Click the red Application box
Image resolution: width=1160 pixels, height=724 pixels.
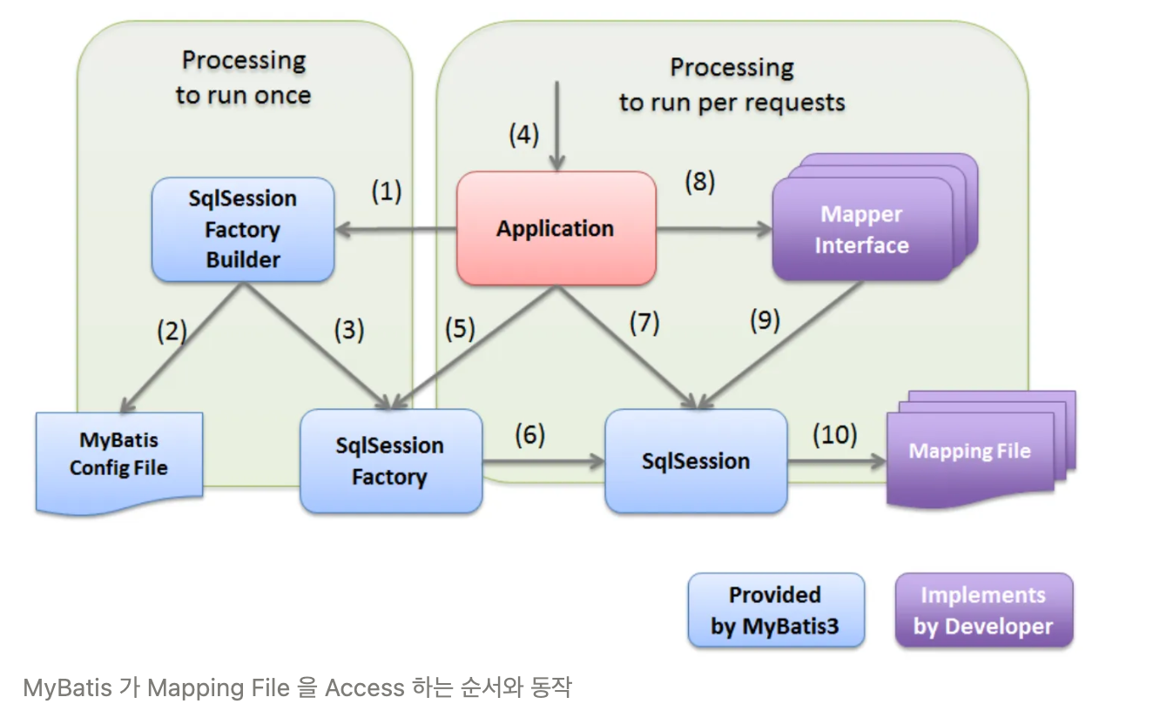point(556,229)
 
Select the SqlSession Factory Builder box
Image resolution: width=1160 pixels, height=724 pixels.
point(243,230)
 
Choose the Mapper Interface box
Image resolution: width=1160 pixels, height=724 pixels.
point(861,231)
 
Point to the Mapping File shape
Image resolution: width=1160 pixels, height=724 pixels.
point(969,452)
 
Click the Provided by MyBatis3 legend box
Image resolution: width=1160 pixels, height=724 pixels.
point(775,610)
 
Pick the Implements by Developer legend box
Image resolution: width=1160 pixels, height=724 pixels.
point(983,611)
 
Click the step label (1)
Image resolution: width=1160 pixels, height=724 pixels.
point(387,191)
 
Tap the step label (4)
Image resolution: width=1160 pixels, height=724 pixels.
point(524,135)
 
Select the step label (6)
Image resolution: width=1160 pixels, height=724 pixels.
point(529,434)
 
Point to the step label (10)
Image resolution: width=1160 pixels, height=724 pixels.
point(834,434)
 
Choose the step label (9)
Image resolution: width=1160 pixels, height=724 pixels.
point(765,321)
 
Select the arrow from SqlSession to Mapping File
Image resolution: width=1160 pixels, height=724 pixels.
point(836,461)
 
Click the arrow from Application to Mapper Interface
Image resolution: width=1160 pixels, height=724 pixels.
point(714,230)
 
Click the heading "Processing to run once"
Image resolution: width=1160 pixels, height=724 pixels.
point(244,77)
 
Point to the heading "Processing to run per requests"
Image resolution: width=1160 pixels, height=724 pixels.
point(732,84)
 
